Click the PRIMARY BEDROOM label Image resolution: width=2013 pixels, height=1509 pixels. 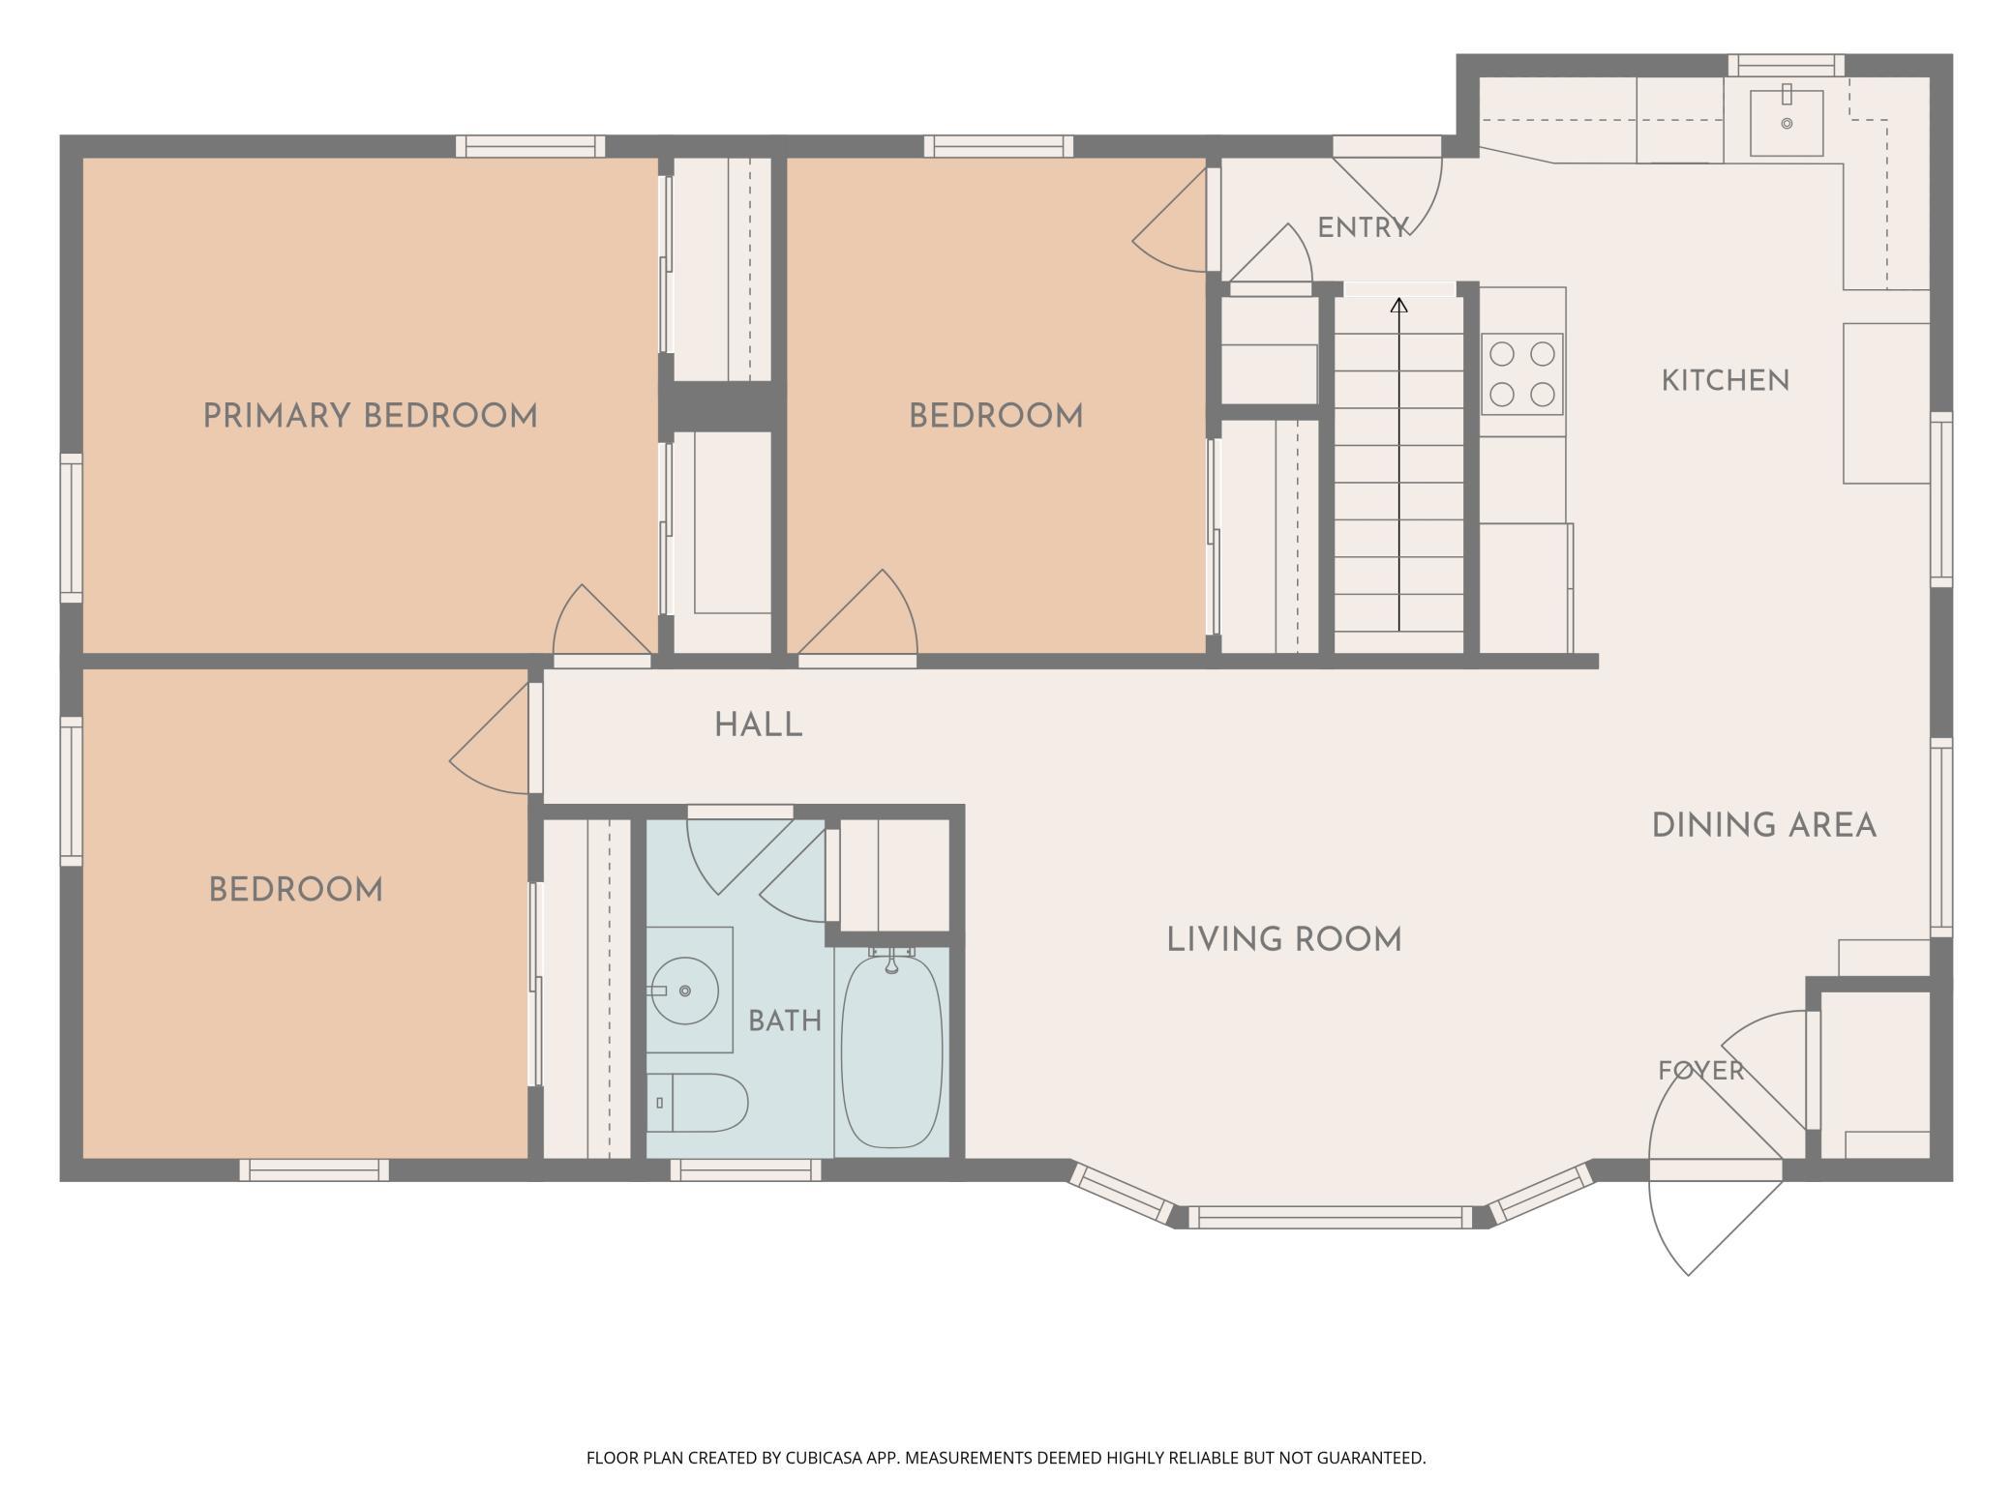pos(370,417)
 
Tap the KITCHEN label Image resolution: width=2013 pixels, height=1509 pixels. pos(1726,381)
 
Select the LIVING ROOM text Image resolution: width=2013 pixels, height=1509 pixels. pos(1284,939)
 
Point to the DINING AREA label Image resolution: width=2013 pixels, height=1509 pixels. pos(1763,826)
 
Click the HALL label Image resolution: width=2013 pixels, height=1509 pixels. pos(759,725)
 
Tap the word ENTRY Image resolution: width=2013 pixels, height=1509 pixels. pos(1363,228)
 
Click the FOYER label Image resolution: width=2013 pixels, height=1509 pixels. pos(1700,1071)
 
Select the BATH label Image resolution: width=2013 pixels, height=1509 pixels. pos(785,1021)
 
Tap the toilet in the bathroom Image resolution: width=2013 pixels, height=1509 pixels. pos(697,1103)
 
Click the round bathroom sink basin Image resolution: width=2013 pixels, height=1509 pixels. pos(683,991)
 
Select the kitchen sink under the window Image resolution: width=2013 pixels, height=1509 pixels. pos(1786,123)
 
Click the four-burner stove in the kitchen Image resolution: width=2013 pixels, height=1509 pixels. pos(1521,374)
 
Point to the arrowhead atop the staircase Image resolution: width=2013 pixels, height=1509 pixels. pos(1399,306)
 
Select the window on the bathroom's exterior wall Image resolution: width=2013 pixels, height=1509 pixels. pos(746,1170)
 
